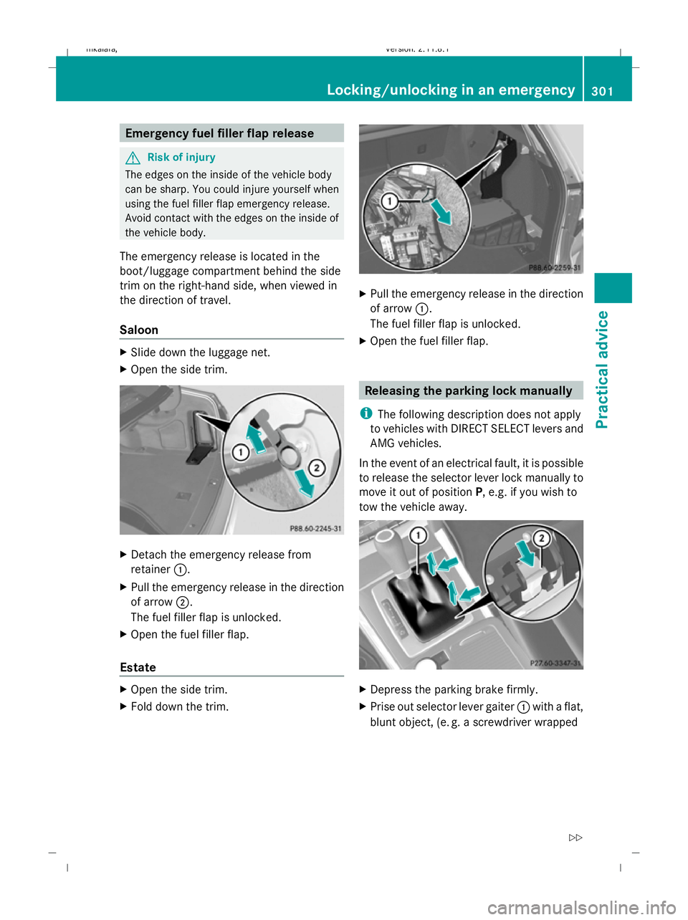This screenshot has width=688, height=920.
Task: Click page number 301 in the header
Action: point(603,91)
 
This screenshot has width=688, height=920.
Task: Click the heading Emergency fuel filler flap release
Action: point(219,133)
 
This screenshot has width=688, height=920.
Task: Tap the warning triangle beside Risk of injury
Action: point(131,158)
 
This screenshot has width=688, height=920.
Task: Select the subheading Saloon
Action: point(139,330)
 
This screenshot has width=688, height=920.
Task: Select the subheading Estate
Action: point(138,667)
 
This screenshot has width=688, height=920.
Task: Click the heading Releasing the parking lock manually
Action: point(468,390)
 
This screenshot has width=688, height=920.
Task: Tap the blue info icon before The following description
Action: point(365,413)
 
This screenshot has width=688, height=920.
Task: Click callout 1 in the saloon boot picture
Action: point(240,451)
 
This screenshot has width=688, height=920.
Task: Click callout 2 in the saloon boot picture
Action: point(316,468)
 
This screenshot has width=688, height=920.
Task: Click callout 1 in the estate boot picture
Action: point(388,201)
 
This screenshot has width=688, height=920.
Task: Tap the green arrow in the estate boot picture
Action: point(441,211)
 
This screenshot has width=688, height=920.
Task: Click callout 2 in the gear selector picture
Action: point(542,538)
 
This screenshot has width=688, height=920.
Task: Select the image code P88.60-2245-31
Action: point(315,528)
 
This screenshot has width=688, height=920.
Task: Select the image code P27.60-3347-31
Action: point(555,663)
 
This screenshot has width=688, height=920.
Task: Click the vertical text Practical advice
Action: point(603,369)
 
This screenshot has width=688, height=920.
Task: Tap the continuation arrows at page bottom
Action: point(575,837)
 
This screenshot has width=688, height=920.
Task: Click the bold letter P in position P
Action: point(478,492)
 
